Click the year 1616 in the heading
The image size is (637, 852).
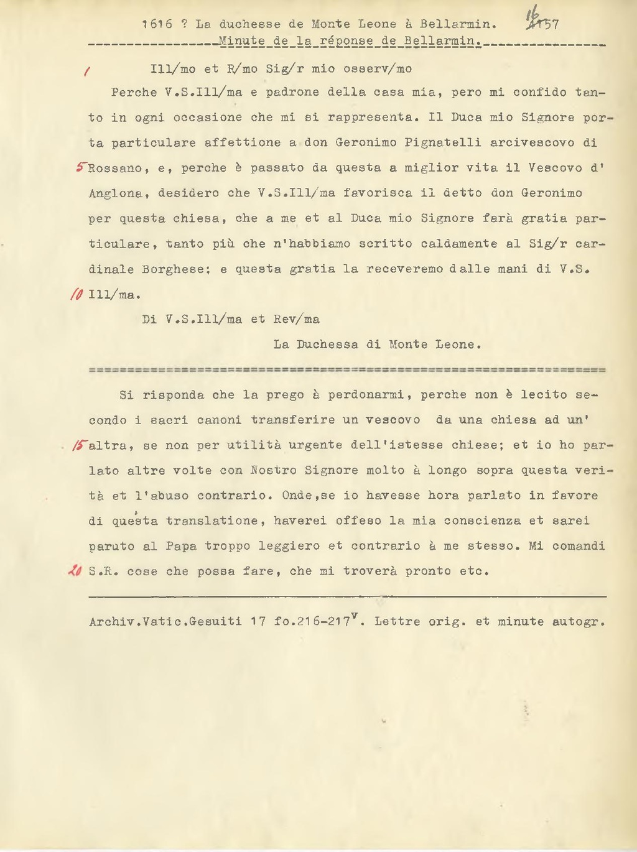click(157, 25)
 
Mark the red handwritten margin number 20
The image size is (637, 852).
click(76, 571)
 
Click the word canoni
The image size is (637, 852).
click(219, 420)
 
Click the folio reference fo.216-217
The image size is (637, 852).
click(315, 621)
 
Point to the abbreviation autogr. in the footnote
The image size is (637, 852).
click(579, 621)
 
